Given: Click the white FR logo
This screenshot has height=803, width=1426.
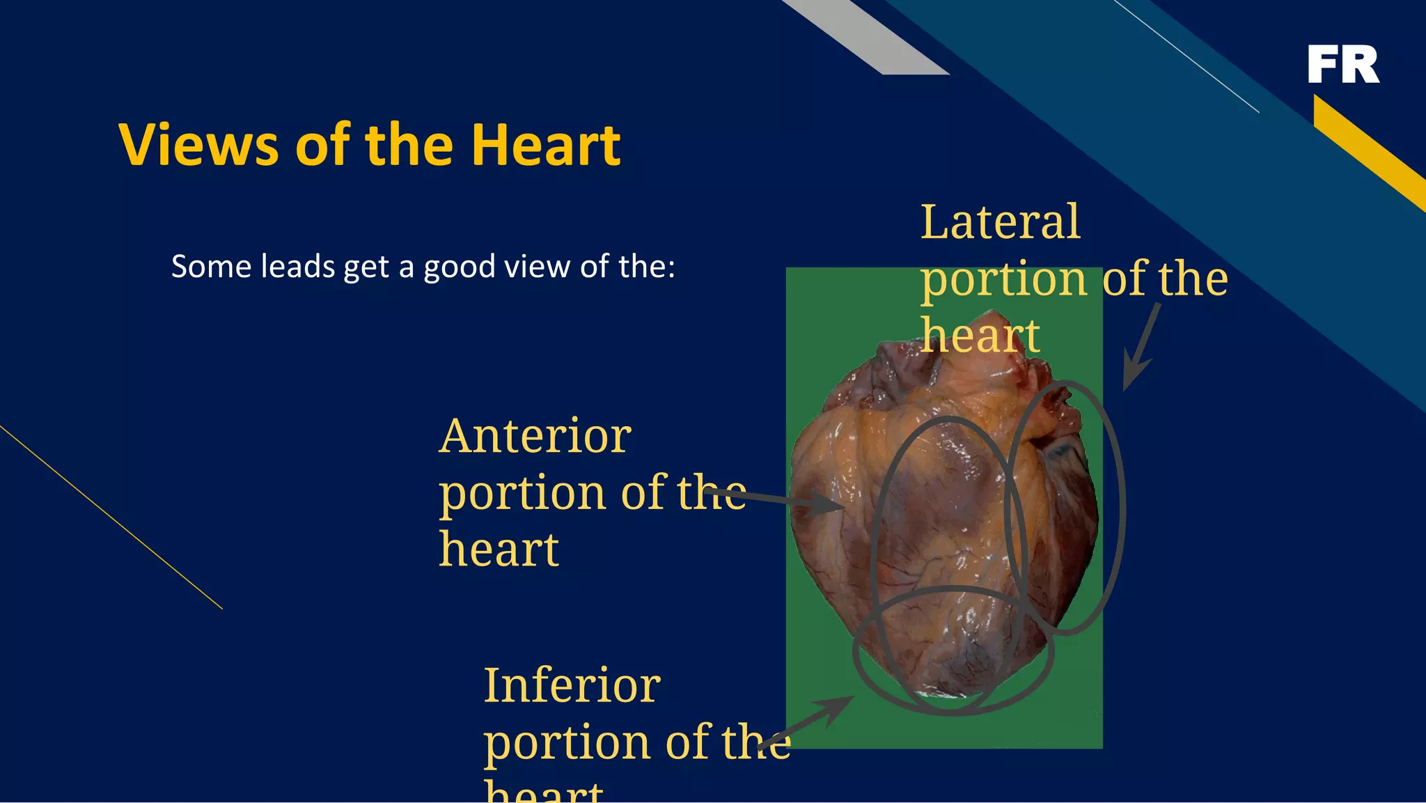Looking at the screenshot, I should pos(1343,64).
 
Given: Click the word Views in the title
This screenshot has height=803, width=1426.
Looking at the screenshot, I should pos(198,145).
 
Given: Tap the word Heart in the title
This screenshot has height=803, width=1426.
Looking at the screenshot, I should pos(545,145).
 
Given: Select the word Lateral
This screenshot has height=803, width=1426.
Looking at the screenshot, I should pos(1000,223).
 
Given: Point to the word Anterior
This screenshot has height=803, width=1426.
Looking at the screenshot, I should pos(535,437).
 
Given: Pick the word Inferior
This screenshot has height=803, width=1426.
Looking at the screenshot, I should pos(572,686).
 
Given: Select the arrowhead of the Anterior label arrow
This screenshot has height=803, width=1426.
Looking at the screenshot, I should pos(829,503).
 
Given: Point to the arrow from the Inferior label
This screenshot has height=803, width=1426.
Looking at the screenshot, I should pos(815,724).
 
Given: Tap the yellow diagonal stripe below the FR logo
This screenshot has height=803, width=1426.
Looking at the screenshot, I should pos(1368,150).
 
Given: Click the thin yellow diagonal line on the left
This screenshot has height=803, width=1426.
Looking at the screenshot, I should pos(111,517).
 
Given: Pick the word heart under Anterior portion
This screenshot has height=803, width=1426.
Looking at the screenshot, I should pos(499,550).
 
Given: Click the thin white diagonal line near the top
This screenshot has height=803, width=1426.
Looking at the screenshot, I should pos(1187,56).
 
